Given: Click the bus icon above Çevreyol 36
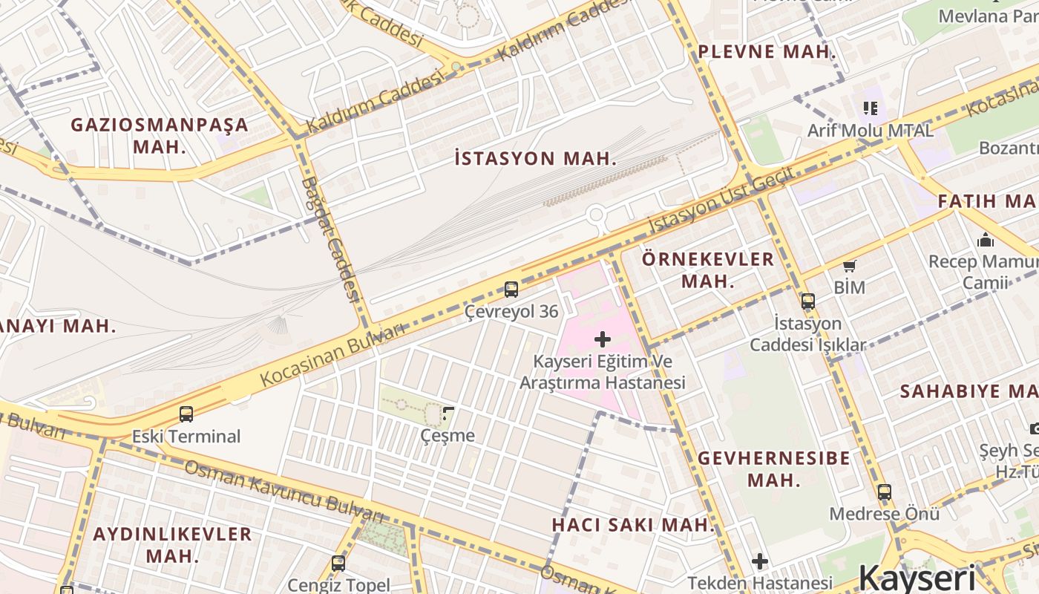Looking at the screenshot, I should tap(511, 289).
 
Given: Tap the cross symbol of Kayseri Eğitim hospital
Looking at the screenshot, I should tap(603, 339).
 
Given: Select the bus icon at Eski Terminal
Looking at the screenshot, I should tap(186, 414).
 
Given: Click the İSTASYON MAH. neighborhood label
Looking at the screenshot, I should tap(535, 158).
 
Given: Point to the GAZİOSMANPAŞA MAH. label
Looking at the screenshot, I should tap(160, 135).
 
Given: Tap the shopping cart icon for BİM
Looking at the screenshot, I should tap(849, 266).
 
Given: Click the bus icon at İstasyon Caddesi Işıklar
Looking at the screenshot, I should tap(807, 301).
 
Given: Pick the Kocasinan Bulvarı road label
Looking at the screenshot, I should tap(331, 356).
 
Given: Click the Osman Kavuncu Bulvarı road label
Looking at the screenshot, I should tap(284, 492).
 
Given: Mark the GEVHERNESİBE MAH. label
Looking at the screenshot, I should tap(774, 469).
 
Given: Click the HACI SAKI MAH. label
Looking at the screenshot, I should tap(633, 525).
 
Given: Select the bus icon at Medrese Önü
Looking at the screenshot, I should tap(884, 492).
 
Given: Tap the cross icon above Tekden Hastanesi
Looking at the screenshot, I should tap(759, 561).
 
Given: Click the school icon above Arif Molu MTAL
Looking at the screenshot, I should tap(871, 108).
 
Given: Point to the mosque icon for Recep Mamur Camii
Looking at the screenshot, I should tap(986, 240).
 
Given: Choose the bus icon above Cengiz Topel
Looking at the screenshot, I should tap(338, 563).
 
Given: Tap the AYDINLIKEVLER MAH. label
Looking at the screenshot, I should tap(172, 544).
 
